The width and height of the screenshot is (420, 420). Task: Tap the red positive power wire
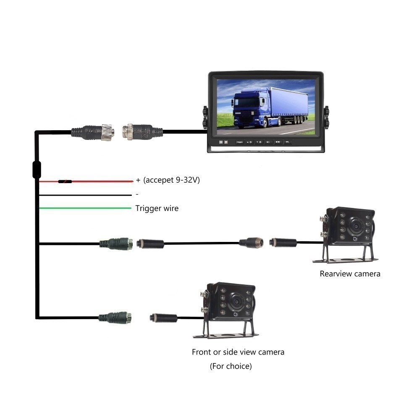click(x=101, y=181)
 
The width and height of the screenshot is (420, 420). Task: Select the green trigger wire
click(x=84, y=208)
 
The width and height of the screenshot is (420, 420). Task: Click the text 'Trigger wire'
click(x=157, y=208)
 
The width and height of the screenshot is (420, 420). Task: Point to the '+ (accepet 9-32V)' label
click(x=168, y=180)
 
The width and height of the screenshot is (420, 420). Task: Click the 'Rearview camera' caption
click(x=350, y=274)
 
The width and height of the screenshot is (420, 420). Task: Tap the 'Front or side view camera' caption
click(x=238, y=352)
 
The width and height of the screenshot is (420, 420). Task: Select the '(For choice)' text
click(x=231, y=366)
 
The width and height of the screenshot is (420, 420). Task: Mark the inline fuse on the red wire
click(x=65, y=182)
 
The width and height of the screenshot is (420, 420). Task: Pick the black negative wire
click(x=84, y=195)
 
